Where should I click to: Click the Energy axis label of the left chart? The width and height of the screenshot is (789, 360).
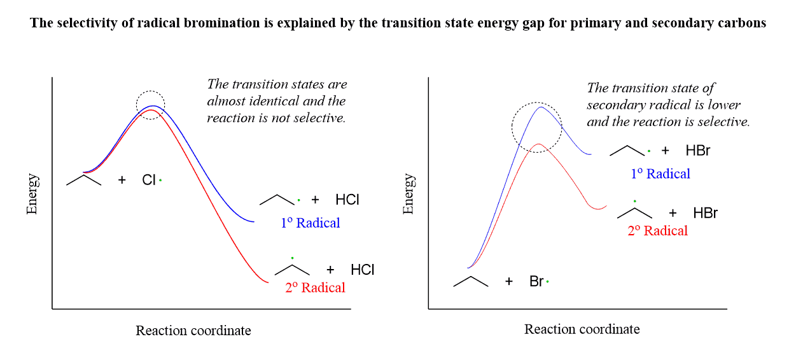32,193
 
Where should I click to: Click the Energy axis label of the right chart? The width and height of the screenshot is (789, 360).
408,193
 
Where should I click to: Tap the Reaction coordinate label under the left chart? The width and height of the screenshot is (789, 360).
193,331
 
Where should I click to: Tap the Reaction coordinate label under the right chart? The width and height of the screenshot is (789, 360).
582,329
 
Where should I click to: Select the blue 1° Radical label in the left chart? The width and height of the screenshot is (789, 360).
311,223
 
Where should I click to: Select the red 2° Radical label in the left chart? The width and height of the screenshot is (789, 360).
316,287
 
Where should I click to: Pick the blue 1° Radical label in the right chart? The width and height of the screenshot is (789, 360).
660,174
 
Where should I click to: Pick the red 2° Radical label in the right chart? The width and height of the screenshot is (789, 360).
658,231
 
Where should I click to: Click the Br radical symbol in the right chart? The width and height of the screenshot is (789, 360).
538,281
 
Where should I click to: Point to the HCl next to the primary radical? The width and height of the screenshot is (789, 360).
347,200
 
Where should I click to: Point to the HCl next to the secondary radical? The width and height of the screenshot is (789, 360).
363,270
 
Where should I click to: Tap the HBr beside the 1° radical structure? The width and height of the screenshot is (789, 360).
697,151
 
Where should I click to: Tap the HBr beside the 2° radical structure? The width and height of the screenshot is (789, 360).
705,213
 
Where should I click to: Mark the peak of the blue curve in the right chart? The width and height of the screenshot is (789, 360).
541,107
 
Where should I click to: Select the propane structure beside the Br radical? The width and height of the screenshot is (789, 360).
471,281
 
